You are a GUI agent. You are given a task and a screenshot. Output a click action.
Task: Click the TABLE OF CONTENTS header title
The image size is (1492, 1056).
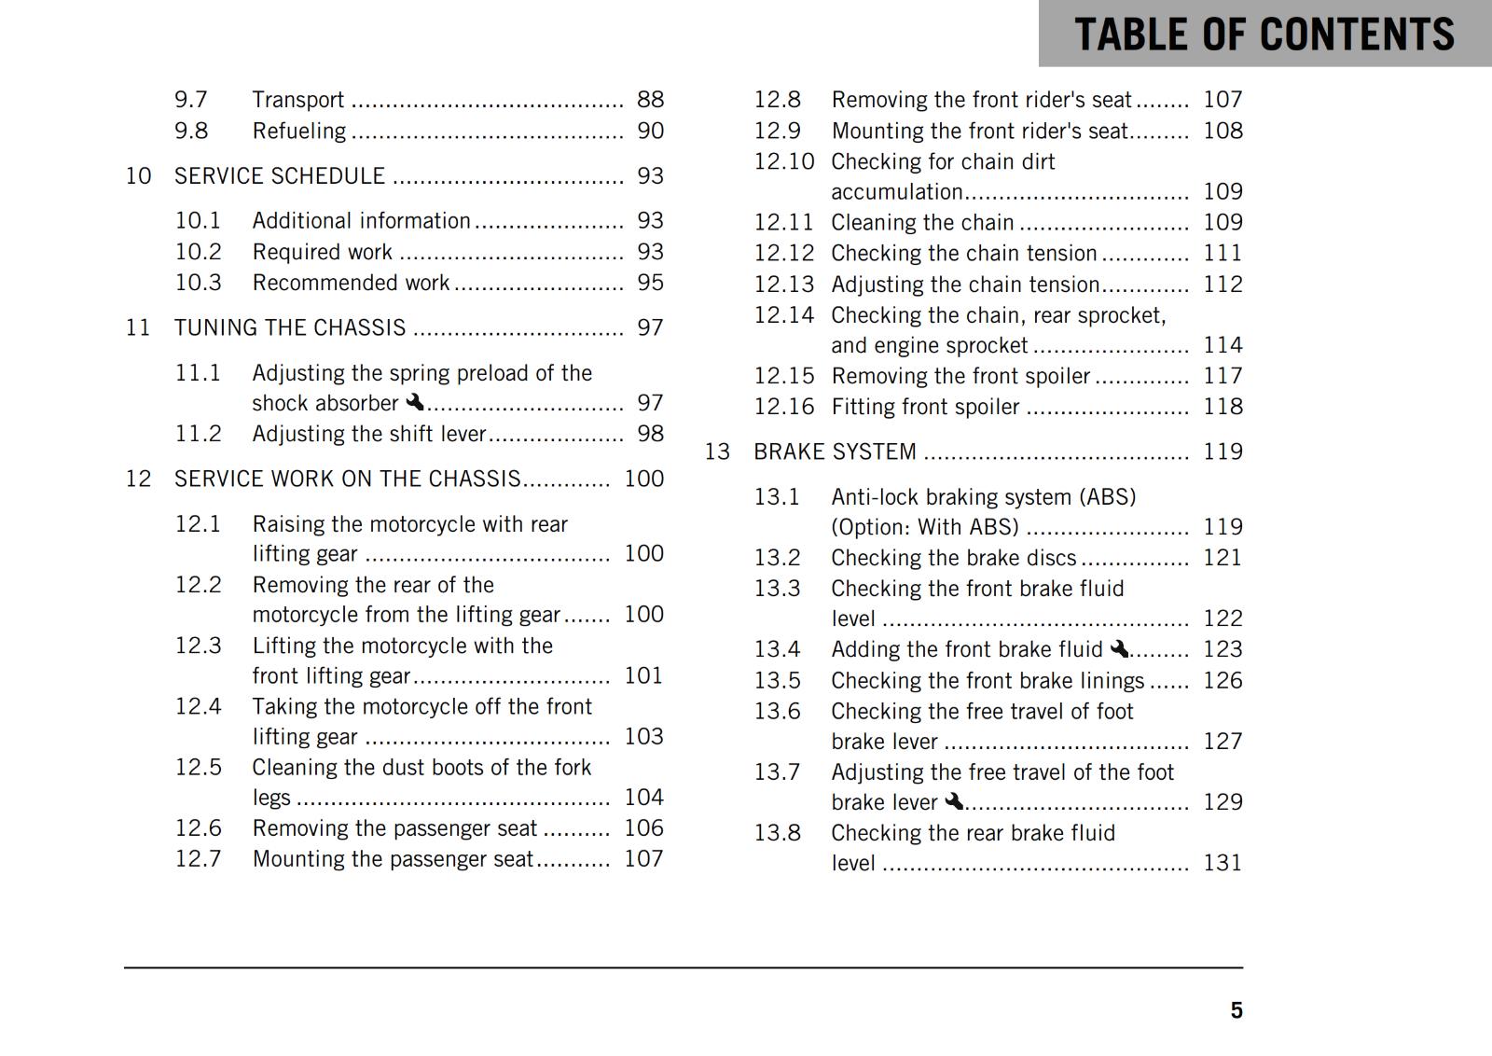(x=1264, y=35)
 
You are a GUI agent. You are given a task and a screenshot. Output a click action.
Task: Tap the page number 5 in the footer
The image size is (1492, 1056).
(x=1236, y=1011)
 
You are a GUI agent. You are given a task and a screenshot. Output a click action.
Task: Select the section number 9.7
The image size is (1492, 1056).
(x=191, y=100)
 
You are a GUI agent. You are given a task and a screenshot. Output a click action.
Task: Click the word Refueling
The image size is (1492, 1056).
(x=299, y=131)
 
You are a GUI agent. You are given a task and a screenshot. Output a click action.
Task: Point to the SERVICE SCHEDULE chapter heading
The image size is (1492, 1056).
(x=280, y=176)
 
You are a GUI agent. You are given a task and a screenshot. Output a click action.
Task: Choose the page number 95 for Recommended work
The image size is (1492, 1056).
(x=650, y=283)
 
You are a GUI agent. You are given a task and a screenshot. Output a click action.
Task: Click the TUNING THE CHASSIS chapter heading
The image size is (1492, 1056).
(x=290, y=327)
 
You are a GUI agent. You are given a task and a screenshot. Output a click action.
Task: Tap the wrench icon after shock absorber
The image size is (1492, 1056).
(x=415, y=402)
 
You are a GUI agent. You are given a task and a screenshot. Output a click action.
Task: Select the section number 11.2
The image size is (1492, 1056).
(x=199, y=434)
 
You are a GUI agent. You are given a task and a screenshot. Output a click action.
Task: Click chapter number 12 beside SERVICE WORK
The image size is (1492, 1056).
(x=138, y=479)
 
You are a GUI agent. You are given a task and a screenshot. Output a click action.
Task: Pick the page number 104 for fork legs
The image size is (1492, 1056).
(x=643, y=798)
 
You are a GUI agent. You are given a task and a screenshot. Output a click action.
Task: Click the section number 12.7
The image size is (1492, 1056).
(x=199, y=859)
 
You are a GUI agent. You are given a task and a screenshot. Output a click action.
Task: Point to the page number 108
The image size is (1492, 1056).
(x=1223, y=131)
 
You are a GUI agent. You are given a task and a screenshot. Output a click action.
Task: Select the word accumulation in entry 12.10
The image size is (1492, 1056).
(x=896, y=192)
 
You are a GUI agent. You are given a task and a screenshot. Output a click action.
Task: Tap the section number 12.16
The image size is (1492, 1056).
(x=783, y=407)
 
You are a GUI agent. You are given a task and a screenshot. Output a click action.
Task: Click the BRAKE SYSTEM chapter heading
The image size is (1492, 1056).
(x=835, y=452)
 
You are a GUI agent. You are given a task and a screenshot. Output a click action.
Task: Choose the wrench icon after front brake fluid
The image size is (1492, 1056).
(x=1119, y=648)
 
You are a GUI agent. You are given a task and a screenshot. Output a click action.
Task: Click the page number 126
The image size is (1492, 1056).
(x=1223, y=681)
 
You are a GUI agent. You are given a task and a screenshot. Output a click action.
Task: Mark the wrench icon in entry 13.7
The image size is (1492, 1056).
(x=953, y=801)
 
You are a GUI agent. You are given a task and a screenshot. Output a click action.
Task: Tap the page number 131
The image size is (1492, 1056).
(x=1223, y=863)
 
